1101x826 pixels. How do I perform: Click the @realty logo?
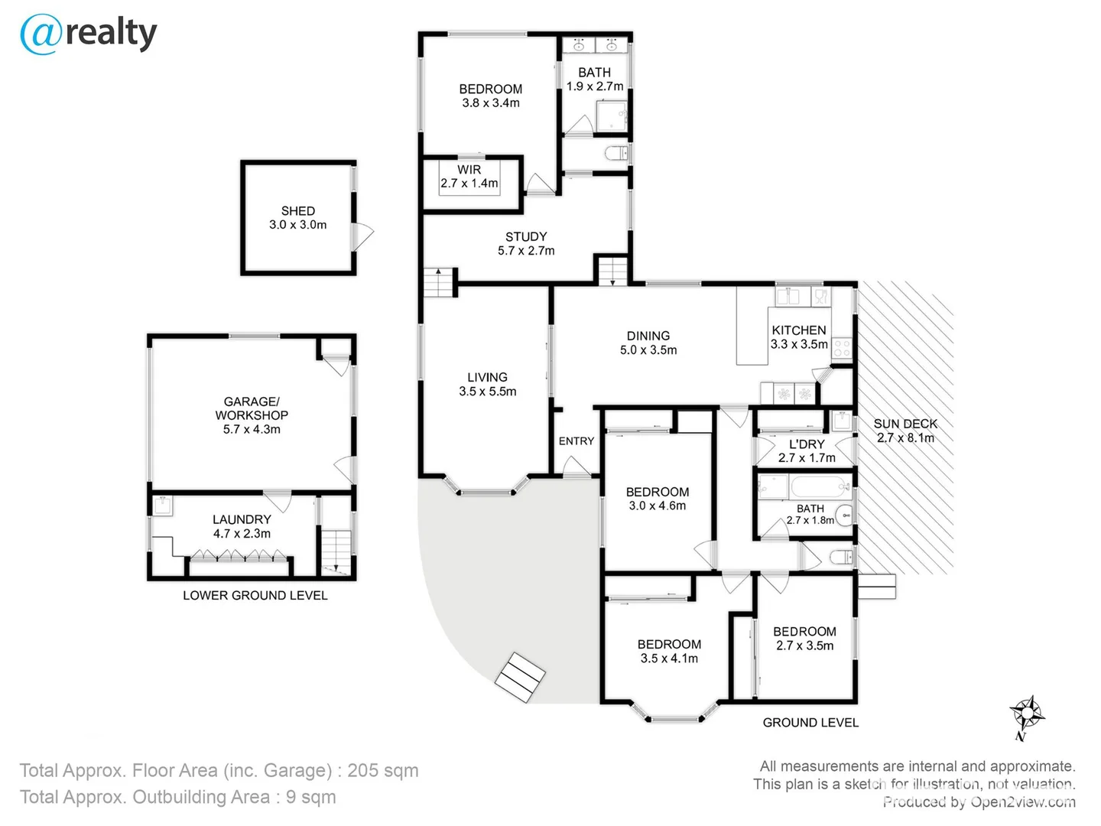89,34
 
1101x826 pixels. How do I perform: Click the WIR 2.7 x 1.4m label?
469,177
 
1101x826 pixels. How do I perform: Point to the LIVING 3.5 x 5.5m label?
487,384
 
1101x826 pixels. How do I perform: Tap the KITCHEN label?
799,330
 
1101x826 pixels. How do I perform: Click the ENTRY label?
576,441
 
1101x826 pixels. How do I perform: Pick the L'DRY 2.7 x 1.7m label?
807,450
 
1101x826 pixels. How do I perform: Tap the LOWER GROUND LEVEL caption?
255,595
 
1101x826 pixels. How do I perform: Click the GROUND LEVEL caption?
810,722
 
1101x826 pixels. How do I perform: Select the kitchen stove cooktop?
842,349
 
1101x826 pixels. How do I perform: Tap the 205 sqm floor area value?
383,770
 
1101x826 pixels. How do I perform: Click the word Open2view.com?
1023,802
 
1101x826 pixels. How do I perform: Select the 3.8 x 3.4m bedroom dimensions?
491,103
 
